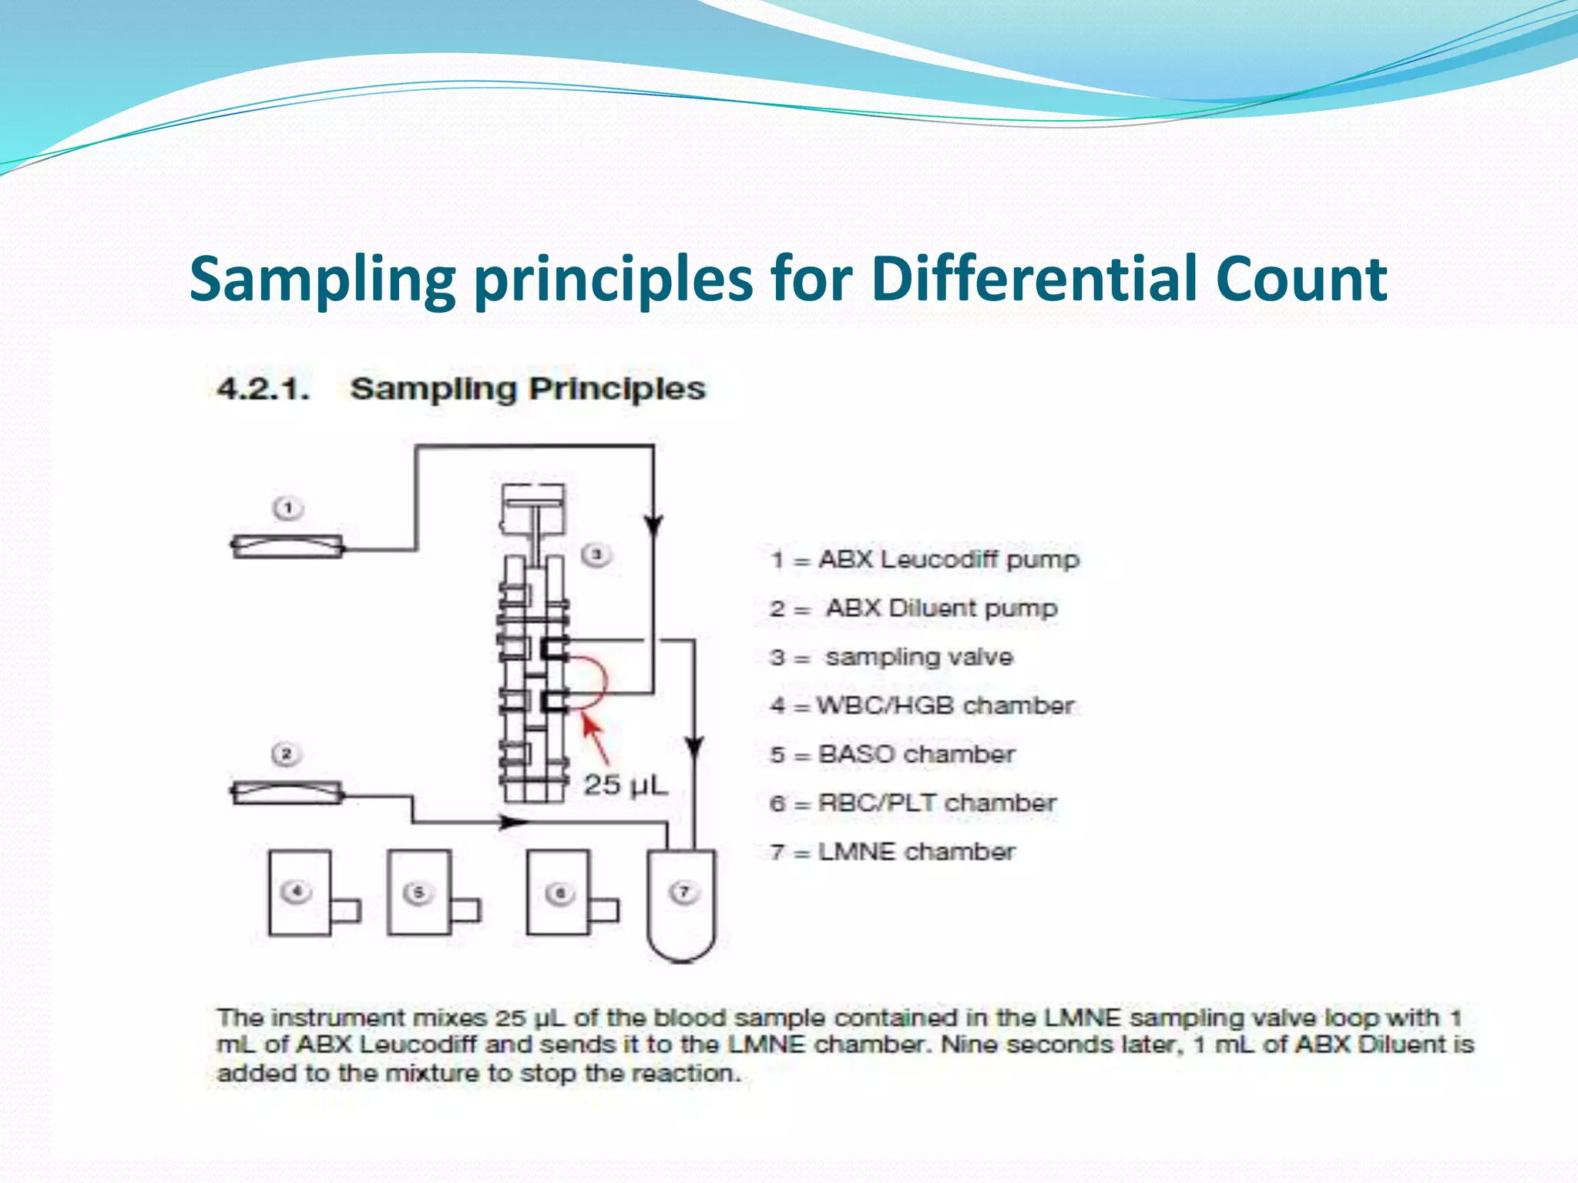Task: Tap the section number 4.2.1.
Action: [x=263, y=389]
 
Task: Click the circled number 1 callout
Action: [x=288, y=508]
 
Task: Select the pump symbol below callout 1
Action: [x=287, y=547]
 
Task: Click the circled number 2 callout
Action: [x=286, y=753]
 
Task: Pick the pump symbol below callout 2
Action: [x=287, y=793]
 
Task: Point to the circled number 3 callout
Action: [x=596, y=555]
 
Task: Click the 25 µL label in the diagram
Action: [x=625, y=785]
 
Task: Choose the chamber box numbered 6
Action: [x=559, y=892]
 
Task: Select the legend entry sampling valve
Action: [x=918, y=657]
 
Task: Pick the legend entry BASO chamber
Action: [x=916, y=754]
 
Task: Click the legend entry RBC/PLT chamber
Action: [x=936, y=803]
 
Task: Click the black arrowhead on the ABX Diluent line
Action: [x=513, y=823]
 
